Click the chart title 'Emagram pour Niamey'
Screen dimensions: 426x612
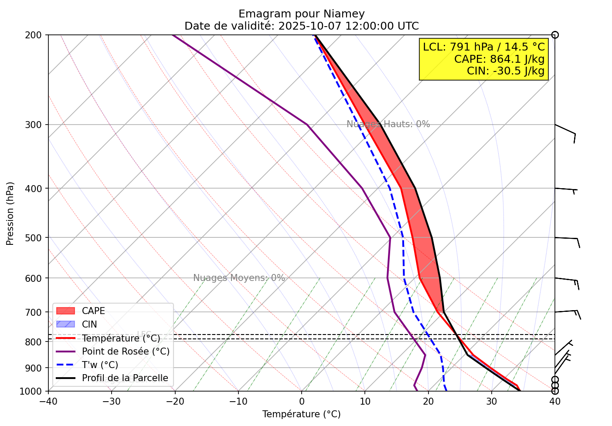[302, 14]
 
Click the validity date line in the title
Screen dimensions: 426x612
[302, 26]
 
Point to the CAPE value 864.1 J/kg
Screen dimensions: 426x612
[499, 59]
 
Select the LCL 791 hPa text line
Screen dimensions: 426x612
[484, 47]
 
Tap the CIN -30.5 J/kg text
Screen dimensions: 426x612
[506, 71]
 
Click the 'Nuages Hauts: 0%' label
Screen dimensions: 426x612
[388, 124]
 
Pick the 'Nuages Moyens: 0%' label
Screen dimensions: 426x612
[239, 278]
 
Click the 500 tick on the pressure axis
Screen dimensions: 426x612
[37, 238]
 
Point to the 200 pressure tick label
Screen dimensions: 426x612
[37, 35]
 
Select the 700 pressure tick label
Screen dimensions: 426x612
[37, 312]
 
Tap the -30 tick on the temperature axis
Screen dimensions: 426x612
[111, 400]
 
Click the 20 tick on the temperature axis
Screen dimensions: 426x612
[428, 400]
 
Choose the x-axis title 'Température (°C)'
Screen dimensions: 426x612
[302, 414]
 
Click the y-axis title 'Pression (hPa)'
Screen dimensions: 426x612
[10, 213]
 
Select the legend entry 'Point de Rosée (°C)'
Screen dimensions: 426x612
[126, 352]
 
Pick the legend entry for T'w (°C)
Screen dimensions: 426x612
[100, 365]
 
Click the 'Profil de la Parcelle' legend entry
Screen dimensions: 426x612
[125, 378]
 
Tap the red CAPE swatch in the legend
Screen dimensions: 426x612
[66, 311]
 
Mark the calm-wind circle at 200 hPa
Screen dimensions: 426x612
[555, 35]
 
